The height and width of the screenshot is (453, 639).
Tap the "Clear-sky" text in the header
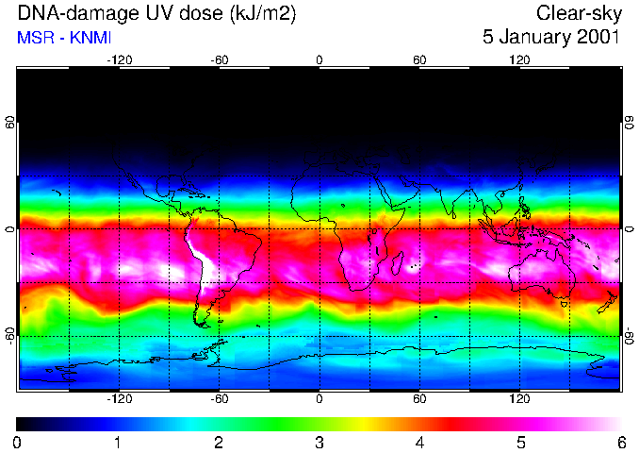[578, 14]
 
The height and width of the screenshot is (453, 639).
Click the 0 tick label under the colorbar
[18, 442]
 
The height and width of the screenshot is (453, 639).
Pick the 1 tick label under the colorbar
[118, 442]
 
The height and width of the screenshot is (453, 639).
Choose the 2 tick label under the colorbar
[219, 442]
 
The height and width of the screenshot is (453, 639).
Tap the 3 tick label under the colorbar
[319, 442]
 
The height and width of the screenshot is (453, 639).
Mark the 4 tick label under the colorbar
[419, 442]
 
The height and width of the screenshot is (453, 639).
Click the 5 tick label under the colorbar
[520, 442]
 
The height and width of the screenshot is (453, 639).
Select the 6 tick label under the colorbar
[620, 442]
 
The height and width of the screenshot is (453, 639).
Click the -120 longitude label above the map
[119, 60]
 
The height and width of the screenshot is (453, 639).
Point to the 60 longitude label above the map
[419, 60]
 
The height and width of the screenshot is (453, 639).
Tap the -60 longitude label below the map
[219, 399]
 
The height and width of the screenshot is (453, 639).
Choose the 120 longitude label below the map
[519, 399]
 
